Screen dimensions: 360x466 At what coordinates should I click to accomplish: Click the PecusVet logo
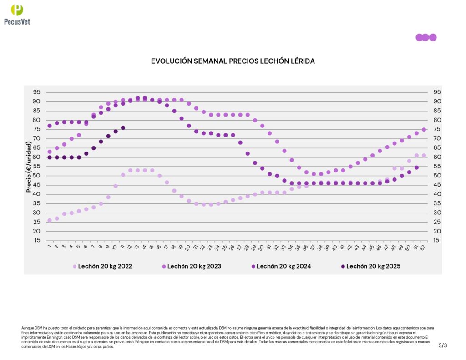coord(17,14)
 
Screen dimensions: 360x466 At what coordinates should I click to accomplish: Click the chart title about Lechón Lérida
coord(233,61)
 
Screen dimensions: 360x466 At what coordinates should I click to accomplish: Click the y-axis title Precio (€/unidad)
coord(29,167)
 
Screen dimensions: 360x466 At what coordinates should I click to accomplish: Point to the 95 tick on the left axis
coord(36,92)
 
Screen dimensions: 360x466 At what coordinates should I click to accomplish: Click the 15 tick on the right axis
coord(434,240)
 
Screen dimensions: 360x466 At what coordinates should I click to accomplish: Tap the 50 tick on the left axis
coord(36,176)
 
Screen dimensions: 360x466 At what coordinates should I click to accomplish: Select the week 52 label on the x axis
coord(424,247)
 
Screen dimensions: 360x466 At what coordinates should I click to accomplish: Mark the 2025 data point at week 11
coord(123,128)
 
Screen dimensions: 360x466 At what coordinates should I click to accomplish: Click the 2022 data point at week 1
coord(50,220)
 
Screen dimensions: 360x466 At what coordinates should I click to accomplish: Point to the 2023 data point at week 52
coord(424,130)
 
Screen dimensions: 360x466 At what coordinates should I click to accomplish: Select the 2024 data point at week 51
coord(416,167)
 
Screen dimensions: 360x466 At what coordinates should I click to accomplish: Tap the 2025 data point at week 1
coord(50,157)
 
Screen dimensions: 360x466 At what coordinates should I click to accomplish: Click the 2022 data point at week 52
coord(424,155)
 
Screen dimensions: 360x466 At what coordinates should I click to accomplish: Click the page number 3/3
coord(443,345)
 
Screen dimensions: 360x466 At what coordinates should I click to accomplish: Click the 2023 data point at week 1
coord(50,152)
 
